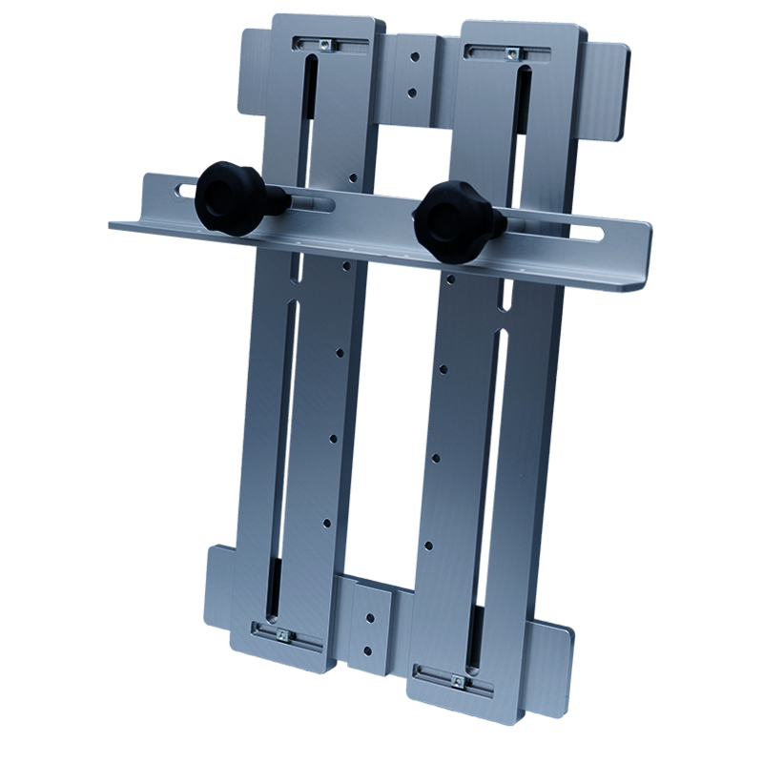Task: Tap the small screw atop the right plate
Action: click(x=513, y=52)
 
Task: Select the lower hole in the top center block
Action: click(x=411, y=93)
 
